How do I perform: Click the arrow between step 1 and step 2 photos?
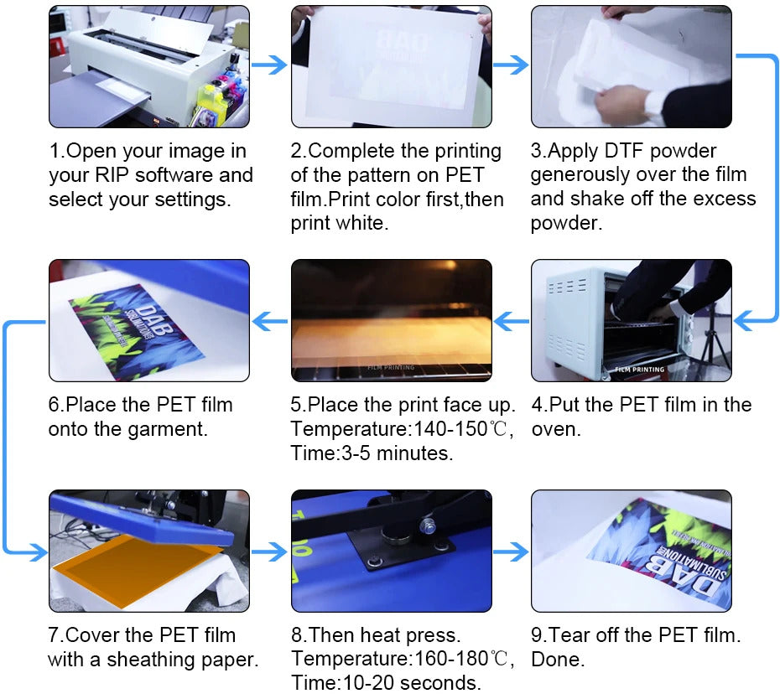point(269,65)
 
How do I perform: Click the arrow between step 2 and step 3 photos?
point(510,65)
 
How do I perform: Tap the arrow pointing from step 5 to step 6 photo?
point(269,319)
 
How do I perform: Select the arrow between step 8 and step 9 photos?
point(510,551)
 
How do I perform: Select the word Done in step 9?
point(558,659)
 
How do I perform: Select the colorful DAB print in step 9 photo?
point(663,549)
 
